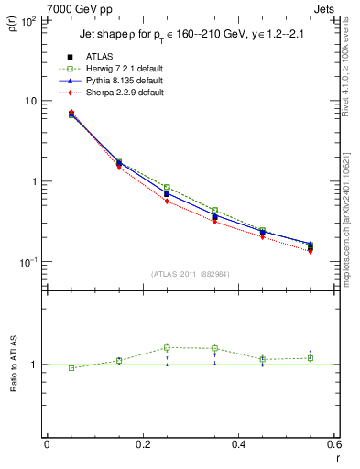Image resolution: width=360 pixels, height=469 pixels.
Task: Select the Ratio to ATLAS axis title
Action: pyautogui.click(x=12, y=365)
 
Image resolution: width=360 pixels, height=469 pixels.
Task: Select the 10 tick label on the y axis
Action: pyautogui.click(x=30, y=101)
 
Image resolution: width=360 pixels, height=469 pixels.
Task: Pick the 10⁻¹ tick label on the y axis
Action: pyautogui.click(x=27, y=262)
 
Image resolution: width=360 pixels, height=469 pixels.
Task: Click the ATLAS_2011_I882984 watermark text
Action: pyautogui.click(x=190, y=274)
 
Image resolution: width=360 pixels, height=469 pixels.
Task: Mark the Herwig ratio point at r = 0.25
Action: pyautogui.click(x=167, y=347)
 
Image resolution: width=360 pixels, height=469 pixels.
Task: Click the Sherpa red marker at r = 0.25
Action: pyautogui.click(x=167, y=202)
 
